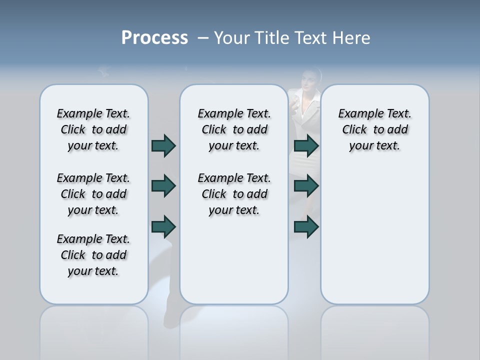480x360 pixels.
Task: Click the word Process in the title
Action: pos(154,37)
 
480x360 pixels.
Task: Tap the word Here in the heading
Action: pos(351,38)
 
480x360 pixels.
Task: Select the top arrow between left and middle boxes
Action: pos(163,146)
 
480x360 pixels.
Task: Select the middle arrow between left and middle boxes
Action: pos(163,186)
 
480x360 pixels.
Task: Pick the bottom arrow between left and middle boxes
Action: pos(163,227)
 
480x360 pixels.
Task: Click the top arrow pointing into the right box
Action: pos(306,146)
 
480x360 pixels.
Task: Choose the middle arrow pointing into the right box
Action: pos(306,186)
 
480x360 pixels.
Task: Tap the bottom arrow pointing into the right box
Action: pos(306,227)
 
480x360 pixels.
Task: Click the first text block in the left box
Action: pos(93,129)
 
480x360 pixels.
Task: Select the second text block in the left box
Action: pos(93,194)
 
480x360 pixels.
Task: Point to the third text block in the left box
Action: pos(93,255)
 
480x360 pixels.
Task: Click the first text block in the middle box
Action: pos(234,129)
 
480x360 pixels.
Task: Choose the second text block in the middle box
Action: pos(234,194)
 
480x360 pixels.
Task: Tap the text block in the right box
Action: pos(374,129)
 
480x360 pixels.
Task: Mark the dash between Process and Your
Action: pos(203,38)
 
